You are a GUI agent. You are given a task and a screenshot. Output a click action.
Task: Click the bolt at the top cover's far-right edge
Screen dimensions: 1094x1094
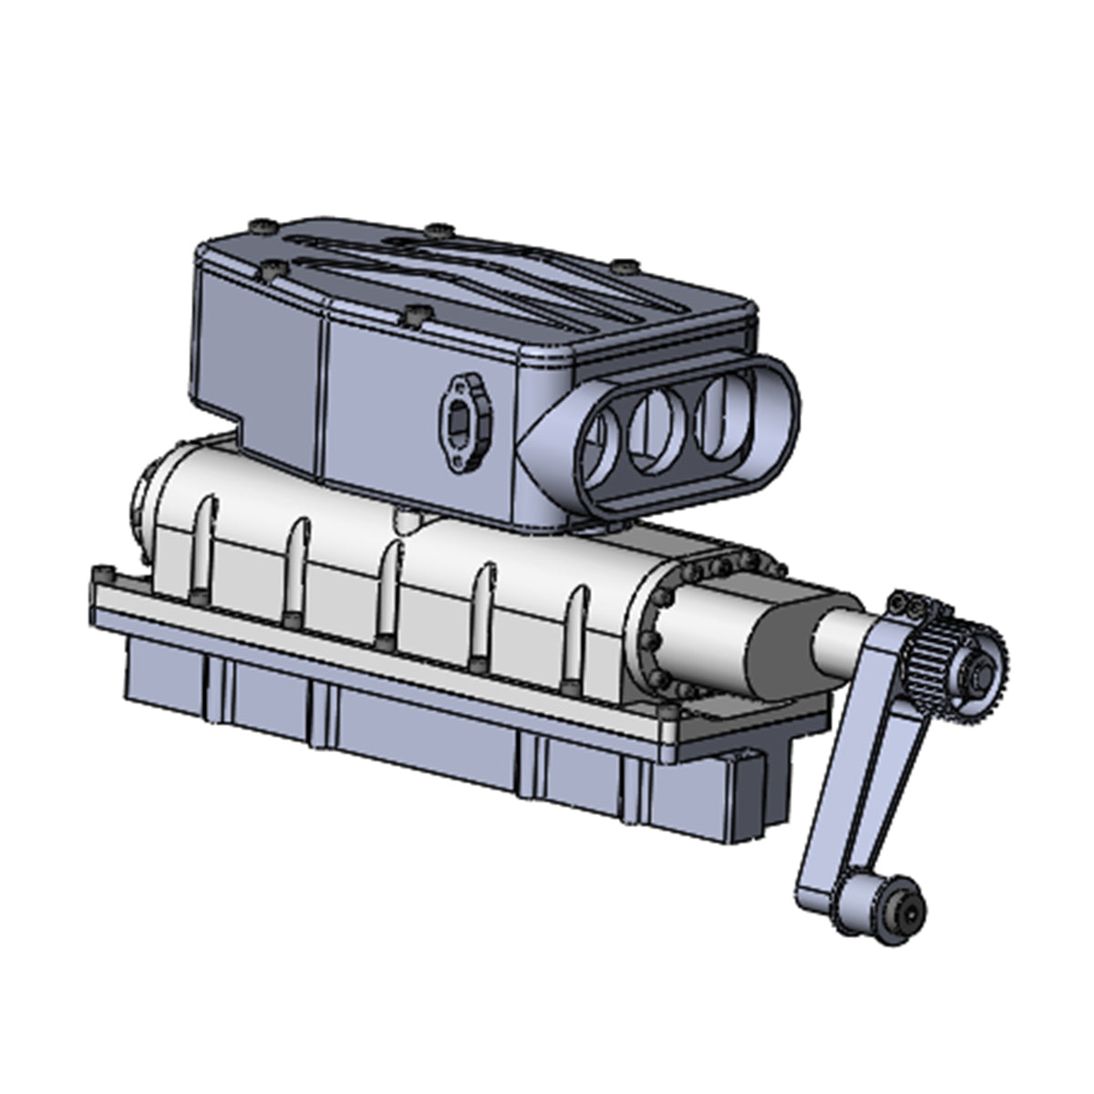[624, 266]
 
